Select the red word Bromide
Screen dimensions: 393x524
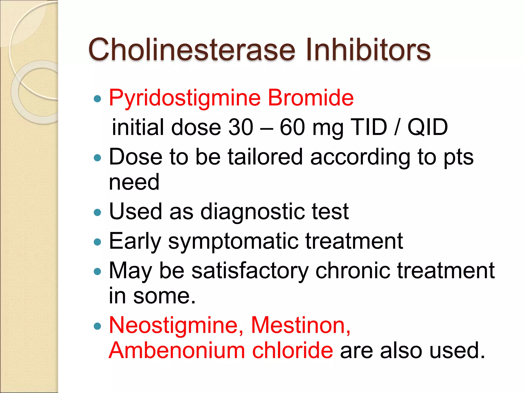311,98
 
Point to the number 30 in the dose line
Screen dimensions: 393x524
241,127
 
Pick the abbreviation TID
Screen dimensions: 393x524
369,127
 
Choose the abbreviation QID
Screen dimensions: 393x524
427,127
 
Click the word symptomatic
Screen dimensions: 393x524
233,242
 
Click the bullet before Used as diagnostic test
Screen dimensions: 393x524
97,212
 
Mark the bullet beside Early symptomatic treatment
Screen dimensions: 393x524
97,242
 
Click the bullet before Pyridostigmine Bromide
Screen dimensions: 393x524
97,99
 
